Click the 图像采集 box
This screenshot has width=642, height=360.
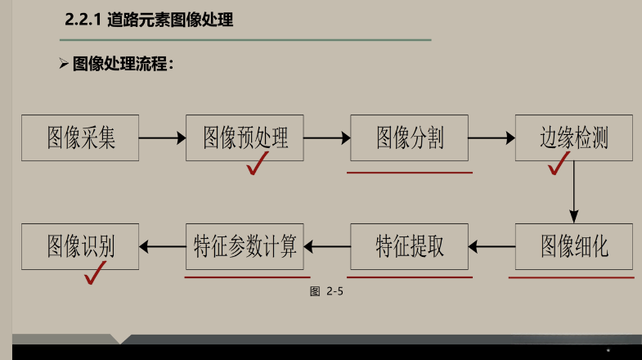(80, 137)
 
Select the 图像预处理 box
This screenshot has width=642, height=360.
(245, 137)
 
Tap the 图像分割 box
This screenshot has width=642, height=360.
(409, 137)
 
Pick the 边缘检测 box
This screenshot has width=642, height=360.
(574, 137)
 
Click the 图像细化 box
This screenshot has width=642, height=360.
(574, 246)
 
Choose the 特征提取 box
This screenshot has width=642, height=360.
(409, 246)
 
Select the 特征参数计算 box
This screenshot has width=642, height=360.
(245, 246)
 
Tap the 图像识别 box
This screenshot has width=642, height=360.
(80, 246)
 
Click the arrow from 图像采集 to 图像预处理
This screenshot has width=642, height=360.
(163, 138)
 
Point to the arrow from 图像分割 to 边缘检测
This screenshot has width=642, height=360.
(492, 138)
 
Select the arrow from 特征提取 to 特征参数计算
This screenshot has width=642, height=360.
(327, 246)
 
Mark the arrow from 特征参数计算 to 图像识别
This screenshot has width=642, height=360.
(163, 246)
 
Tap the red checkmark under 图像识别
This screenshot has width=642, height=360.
(97, 276)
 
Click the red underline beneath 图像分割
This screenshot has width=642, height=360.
(409, 173)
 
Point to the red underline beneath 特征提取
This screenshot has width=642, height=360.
(409, 277)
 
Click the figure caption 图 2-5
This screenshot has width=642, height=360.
(325, 291)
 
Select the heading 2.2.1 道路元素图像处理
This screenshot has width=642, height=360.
(149, 20)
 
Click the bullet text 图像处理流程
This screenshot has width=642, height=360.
(123, 64)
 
